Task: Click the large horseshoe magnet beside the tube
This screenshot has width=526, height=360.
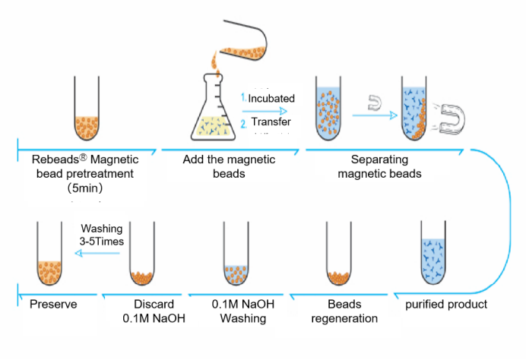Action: pyautogui.click(x=452, y=115)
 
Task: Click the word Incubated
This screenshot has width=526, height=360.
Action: pyautogui.click(x=271, y=99)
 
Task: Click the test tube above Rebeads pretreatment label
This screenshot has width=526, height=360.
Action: pyautogui.click(x=89, y=110)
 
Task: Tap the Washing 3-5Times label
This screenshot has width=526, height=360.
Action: pyautogui.click(x=102, y=235)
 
